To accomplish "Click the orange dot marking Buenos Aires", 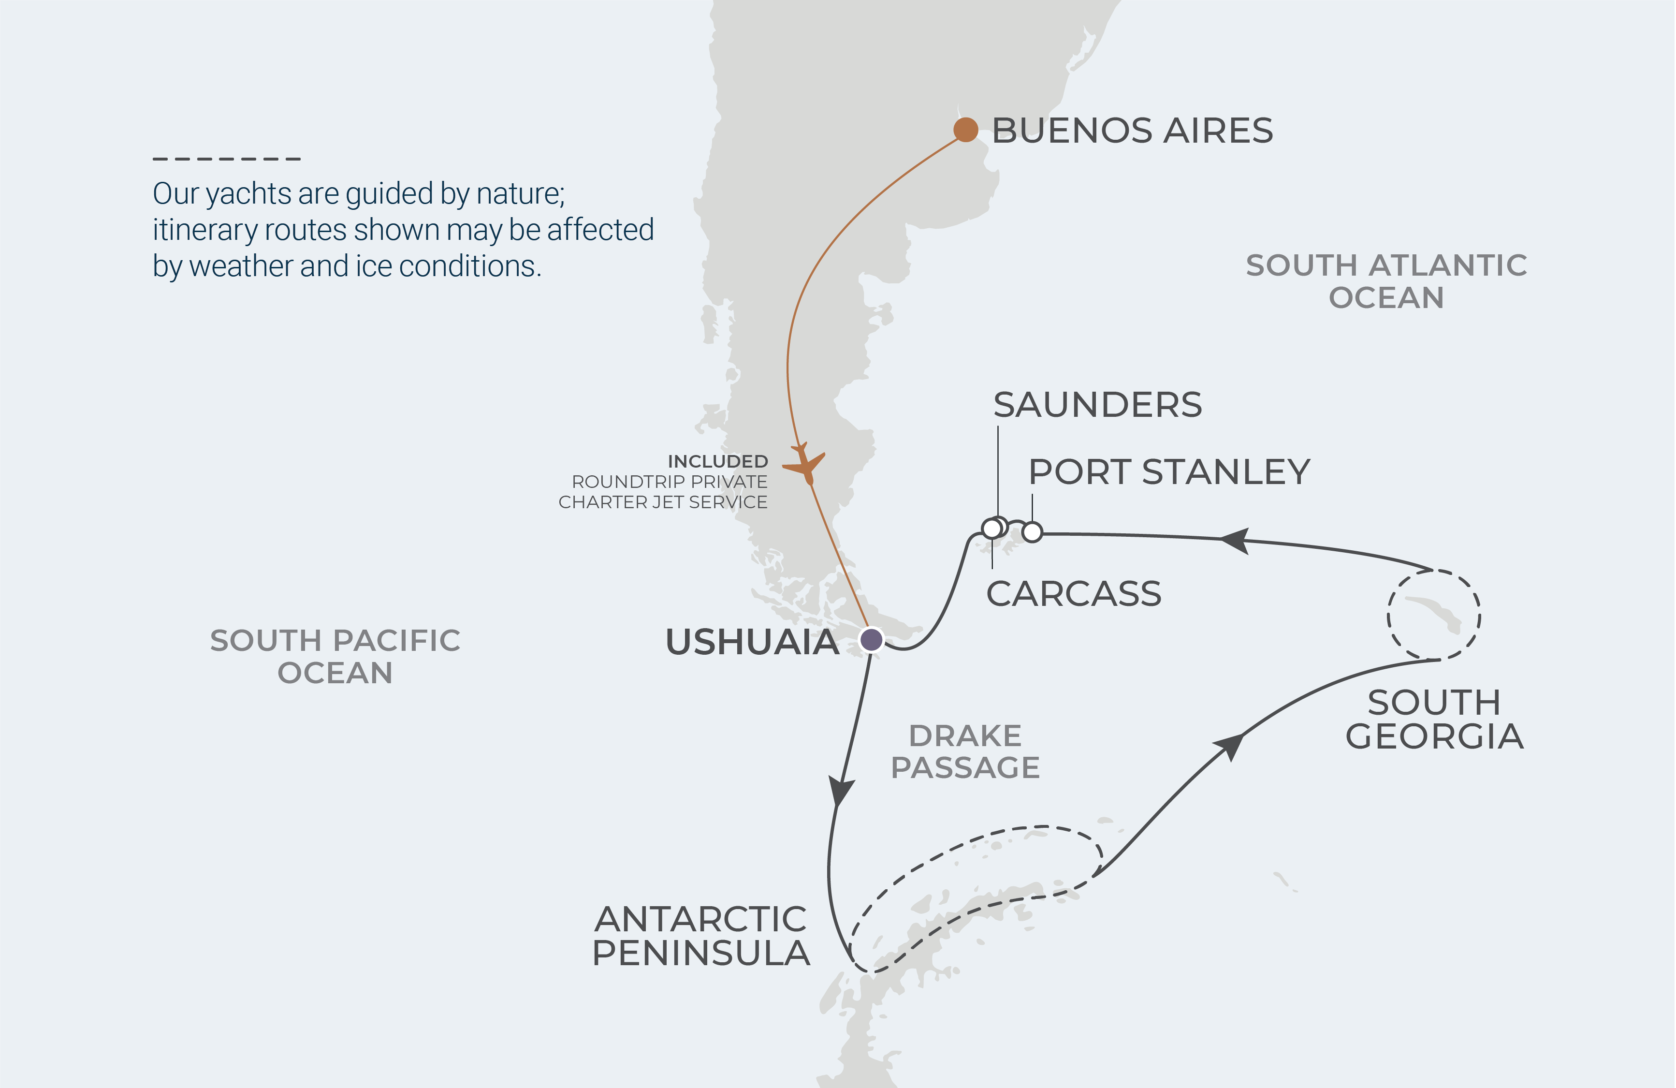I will pos(965,130).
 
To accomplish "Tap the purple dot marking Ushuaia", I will pos(872,639).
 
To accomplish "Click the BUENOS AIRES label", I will pos(1132,131).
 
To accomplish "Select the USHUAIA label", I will pos(752,642).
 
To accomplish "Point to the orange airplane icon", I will pos(805,463).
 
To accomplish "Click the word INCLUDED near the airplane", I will pos(717,461).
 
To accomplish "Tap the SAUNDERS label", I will pos(1097,405).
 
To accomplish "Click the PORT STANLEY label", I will pos(1169,472).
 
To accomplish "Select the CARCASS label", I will pos(1073,594).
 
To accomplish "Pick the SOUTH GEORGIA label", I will pos(1434,720).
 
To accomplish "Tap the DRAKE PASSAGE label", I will pos(965,751).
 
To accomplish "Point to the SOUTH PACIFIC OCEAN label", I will pos(335,656).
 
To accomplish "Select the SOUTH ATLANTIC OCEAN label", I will pos(1386,281).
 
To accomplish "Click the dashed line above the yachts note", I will pos(227,159).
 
